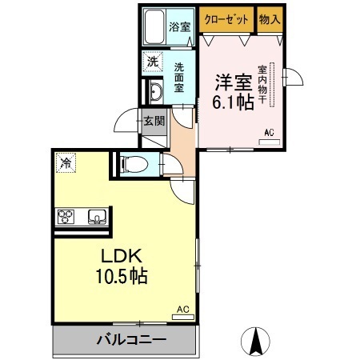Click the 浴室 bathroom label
coord(179,26)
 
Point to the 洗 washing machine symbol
coord(151,61)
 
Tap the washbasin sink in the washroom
coord(154,90)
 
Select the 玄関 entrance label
coord(154,122)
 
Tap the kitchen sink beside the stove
coord(97,217)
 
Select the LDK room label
coord(121,257)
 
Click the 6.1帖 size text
coord(232,102)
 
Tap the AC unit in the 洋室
coord(270,142)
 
